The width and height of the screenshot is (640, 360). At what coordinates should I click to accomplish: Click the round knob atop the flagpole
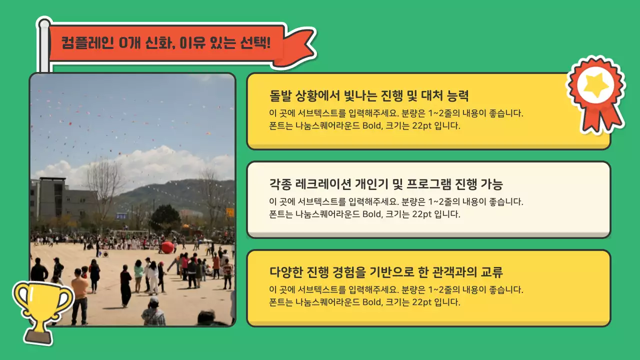(44, 23)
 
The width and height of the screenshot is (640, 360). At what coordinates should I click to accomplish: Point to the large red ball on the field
(167, 247)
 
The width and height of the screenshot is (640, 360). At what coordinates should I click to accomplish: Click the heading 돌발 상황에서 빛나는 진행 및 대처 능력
(368, 95)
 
